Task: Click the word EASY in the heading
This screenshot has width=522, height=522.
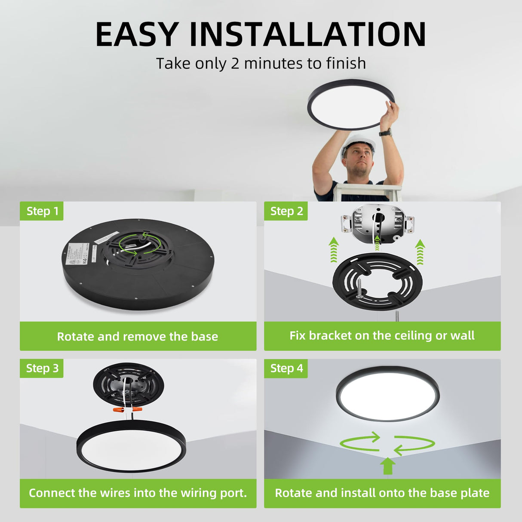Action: pyautogui.click(x=137, y=34)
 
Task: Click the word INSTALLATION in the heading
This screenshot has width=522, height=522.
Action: pyautogui.click(x=307, y=34)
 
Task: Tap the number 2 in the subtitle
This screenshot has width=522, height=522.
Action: pyautogui.click(x=235, y=64)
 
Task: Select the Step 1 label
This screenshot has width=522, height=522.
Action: pyautogui.click(x=42, y=211)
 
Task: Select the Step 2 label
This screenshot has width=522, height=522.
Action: pyautogui.click(x=286, y=211)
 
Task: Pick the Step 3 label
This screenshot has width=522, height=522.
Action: pyautogui.click(x=42, y=368)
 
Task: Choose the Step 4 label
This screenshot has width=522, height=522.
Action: pyautogui.click(x=286, y=368)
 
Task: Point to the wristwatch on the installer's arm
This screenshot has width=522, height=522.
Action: pyautogui.click(x=385, y=132)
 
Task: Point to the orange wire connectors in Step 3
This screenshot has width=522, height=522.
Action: pyautogui.click(x=127, y=410)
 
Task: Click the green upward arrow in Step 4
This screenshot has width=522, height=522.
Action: pyautogui.click(x=388, y=466)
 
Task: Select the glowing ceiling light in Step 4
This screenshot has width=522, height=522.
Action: pyautogui.click(x=387, y=394)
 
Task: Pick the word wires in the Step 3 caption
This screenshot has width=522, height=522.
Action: pyautogui.click(x=114, y=493)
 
